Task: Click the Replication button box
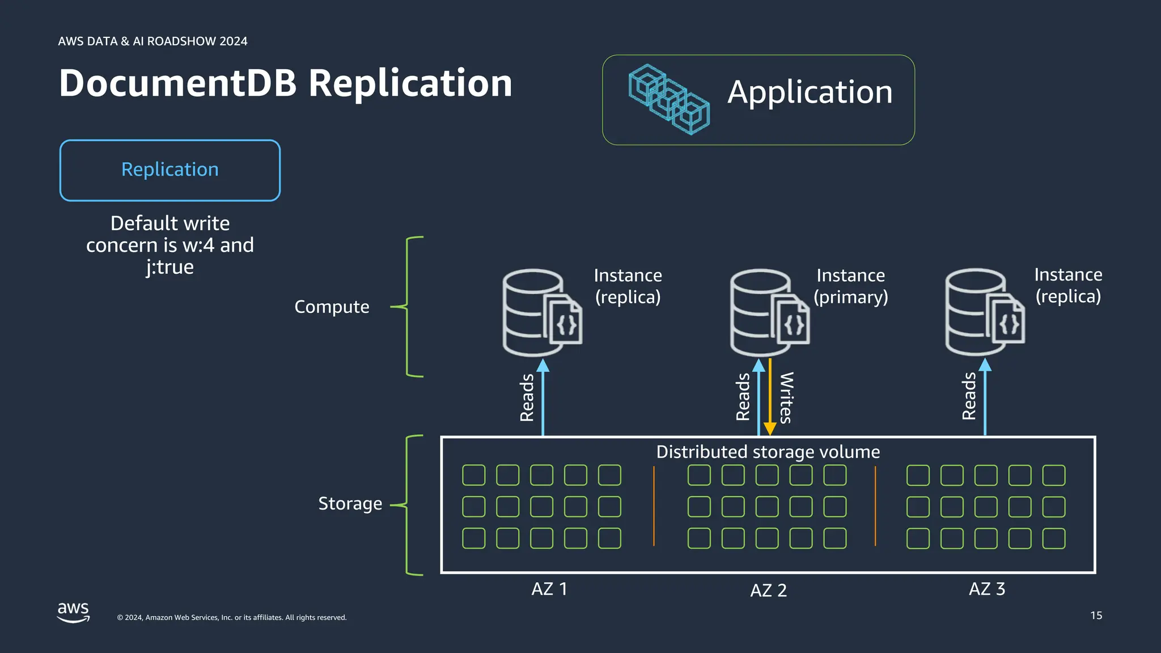click(x=170, y=170)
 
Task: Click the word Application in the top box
click(x=810, y=92)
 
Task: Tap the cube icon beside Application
click(x=669, y=100)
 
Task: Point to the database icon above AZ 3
click(x=984, y=312)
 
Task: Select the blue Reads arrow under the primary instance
click(x=759, y=400)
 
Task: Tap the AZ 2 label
click(x=768, y=590)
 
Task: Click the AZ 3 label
click(x=986, y=589)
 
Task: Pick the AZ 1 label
click(x=549, y=589)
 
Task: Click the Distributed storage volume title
click(x=768, y=452)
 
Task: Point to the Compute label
click(x=332, y=307)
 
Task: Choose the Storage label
click(x=350, y=503)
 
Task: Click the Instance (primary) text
click(x=850, y=286)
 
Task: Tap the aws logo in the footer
click(x=74, y=612)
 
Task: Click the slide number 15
click(x=1096, y=616)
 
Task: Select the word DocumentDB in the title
click(x=178, y=83)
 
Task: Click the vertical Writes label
click(x=786, y=398)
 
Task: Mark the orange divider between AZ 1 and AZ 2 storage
click(x=654, y=506)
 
